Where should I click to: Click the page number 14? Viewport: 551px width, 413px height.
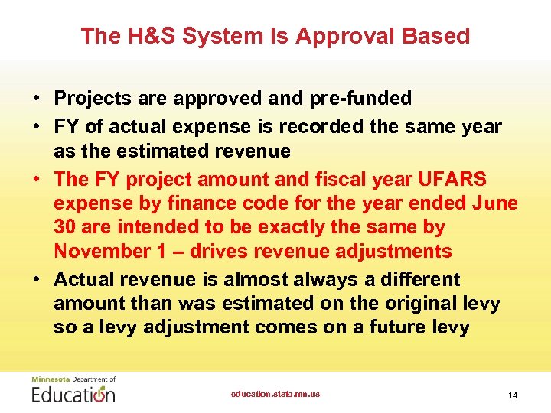point(513,395)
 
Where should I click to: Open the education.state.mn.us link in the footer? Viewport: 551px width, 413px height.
point(275,395)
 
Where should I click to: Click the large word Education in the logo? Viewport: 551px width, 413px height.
point(73,395)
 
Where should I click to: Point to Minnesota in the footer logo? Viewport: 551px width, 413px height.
point(48,379)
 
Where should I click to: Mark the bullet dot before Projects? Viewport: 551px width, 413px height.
point(36,99)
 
